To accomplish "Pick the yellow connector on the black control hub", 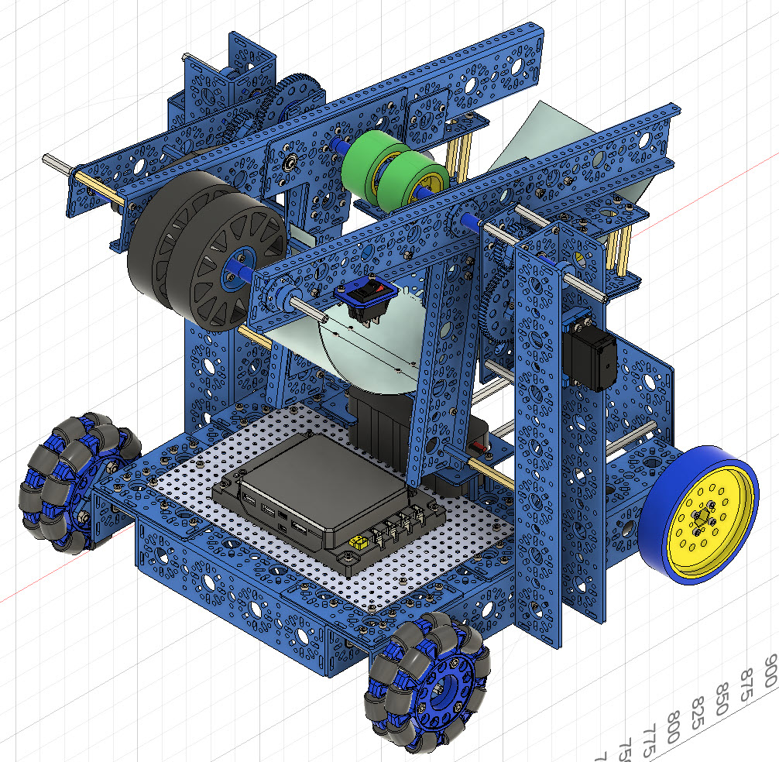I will click(357, 544).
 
